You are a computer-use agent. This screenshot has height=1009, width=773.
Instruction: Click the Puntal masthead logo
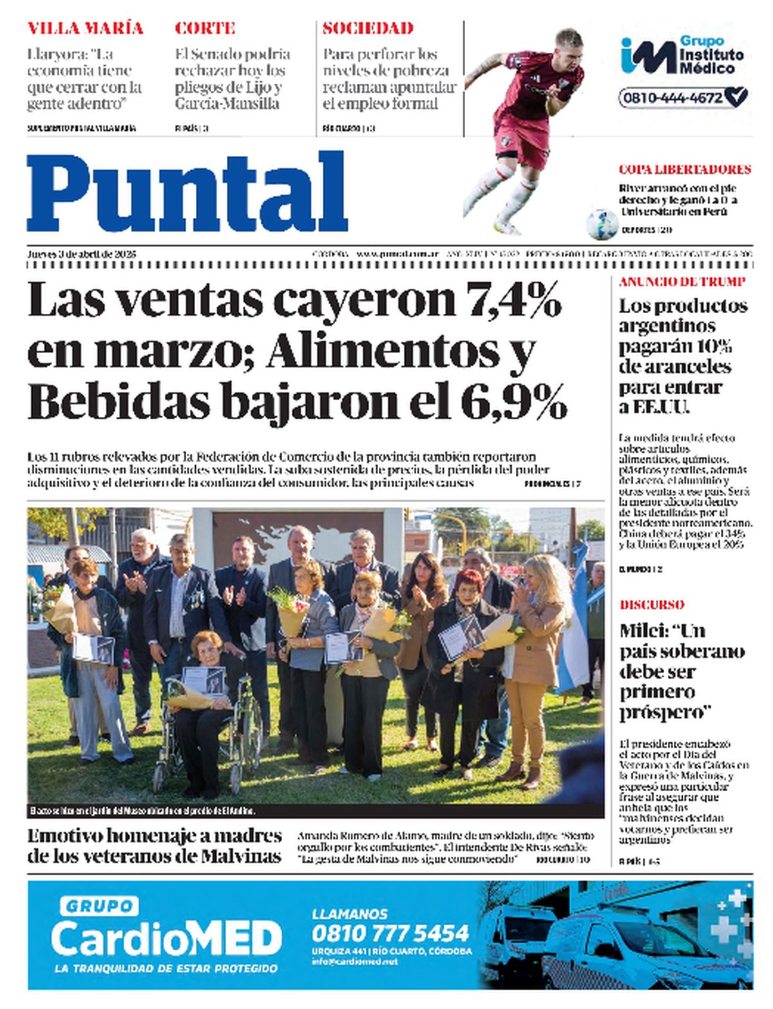point(187,192)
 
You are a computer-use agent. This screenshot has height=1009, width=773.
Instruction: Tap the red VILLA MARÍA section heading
point(85,28)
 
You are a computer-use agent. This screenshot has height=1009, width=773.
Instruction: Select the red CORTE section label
point(205,28)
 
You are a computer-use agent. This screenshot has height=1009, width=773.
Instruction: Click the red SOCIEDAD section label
point(367,28)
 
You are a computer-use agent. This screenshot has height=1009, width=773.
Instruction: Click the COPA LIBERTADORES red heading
point(684,169)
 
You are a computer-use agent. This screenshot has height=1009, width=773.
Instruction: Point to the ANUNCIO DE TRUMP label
point(682,282)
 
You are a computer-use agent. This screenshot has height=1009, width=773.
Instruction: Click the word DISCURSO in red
point(651,604)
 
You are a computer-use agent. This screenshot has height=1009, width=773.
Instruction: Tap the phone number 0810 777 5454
point(390,932)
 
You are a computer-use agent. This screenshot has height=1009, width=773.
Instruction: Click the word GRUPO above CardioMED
point(99,907)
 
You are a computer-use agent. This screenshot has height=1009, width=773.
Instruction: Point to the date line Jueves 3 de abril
point(82,254)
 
